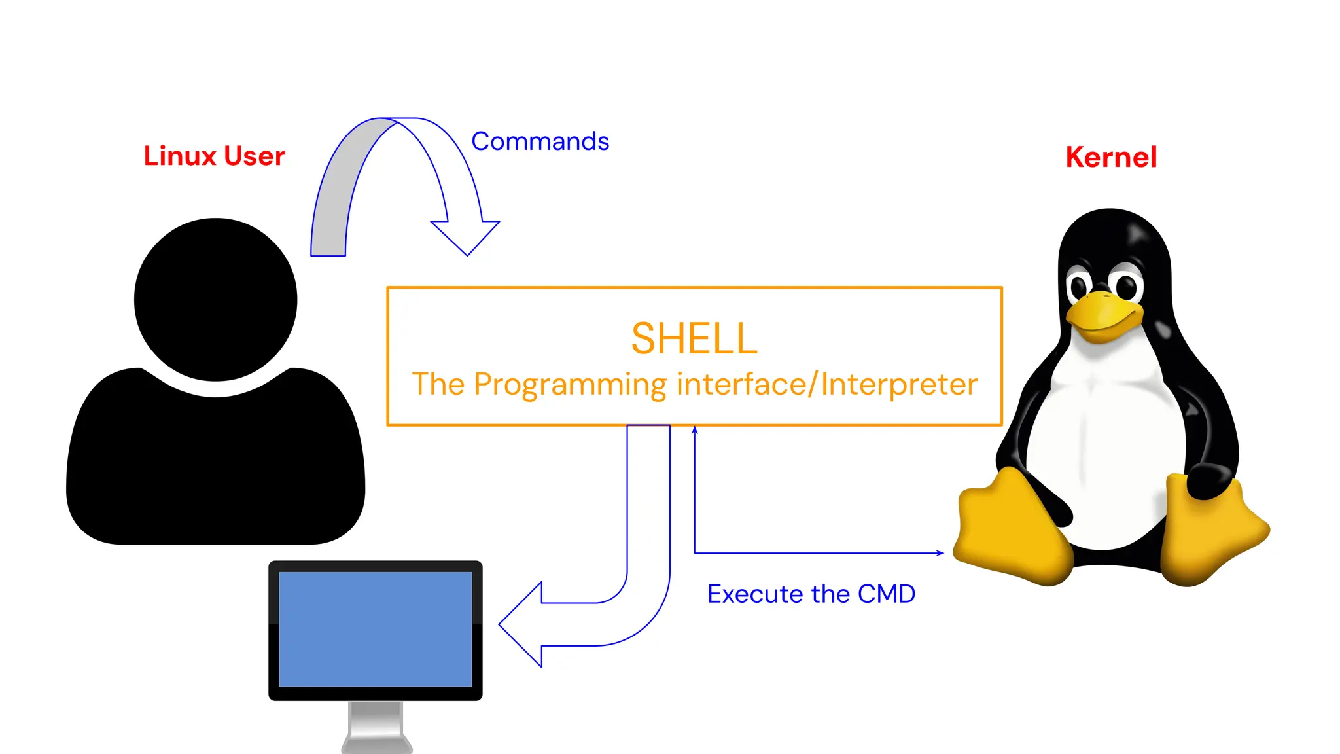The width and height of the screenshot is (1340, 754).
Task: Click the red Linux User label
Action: click(x=214, y=156)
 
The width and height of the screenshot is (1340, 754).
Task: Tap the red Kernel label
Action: click(x=1111, y=157)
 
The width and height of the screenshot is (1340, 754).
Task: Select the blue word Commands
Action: click(x=540, y=141)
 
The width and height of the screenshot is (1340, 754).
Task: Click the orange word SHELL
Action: click(x=694, y=338)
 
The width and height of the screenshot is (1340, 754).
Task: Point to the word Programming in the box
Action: click(x=570, y=385)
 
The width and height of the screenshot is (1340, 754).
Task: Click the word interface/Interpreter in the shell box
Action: click(x=827, y=384)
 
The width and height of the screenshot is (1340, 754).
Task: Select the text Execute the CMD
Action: click(x=811, y=594)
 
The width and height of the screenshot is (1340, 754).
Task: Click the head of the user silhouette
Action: click(x=216, y=299)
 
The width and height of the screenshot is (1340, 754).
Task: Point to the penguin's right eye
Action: click(x=1127, y=285)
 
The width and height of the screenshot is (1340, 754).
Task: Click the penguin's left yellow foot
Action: click(x=1011, y=530)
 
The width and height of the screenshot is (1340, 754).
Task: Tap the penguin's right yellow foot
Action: click(x=1210, y=530)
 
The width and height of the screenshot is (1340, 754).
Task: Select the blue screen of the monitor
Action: click(x=375, y=629)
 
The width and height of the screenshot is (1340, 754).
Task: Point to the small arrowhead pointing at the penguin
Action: click(x=940, y=553)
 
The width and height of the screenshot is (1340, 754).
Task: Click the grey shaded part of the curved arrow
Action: click(x=340, y=190)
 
